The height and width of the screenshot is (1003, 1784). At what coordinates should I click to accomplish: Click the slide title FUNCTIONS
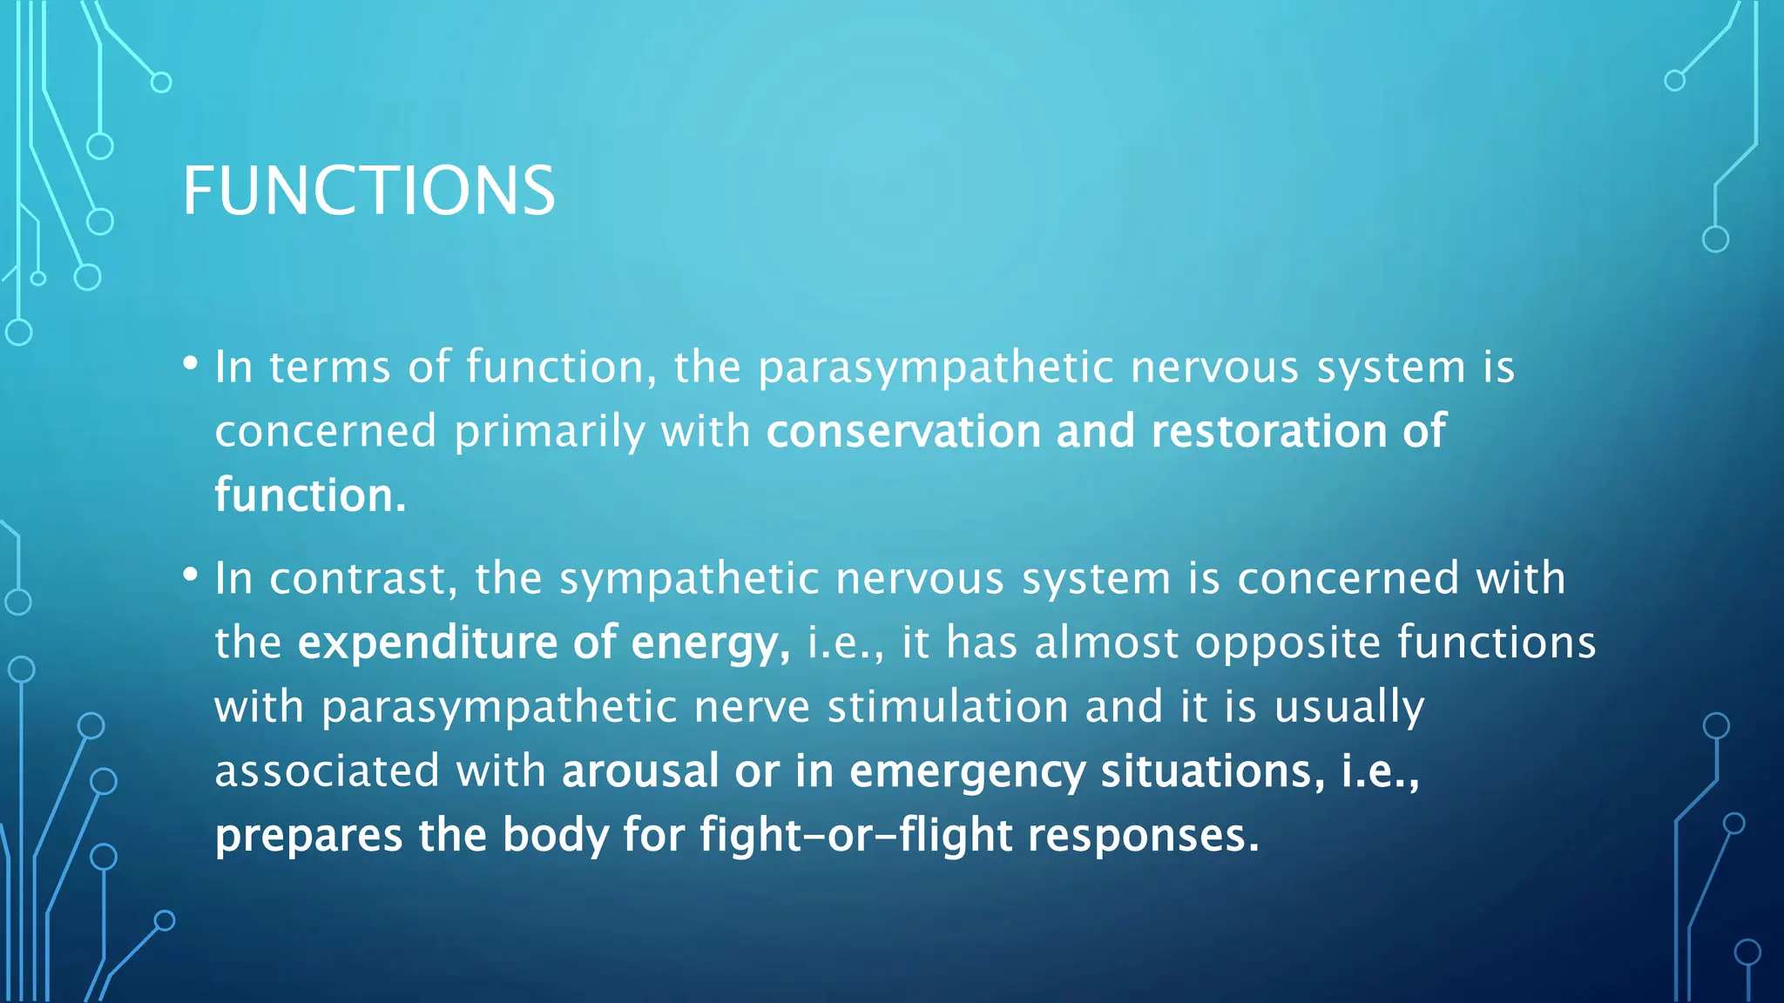point(368,191)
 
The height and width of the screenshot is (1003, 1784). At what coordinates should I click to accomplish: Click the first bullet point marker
point(191,363)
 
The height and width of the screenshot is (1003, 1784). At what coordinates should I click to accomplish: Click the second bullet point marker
point(191,575)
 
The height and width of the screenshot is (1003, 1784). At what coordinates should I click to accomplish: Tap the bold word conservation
point(902,432)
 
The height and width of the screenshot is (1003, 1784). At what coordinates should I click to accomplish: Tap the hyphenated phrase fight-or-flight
point(855,836)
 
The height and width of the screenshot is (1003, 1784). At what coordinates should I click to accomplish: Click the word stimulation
point(948,707)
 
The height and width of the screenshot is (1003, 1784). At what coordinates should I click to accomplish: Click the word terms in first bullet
point(329,367)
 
